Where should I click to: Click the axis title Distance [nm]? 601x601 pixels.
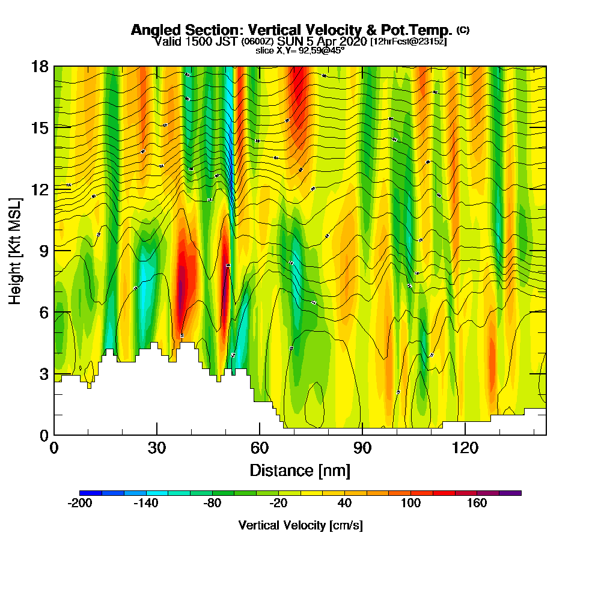point(300,470)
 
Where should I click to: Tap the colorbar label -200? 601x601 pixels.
point(80,504)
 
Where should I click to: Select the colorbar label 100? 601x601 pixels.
point(411,504)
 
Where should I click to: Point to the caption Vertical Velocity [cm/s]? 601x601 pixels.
point(300,525)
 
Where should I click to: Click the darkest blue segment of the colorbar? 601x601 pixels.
point(91,493)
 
